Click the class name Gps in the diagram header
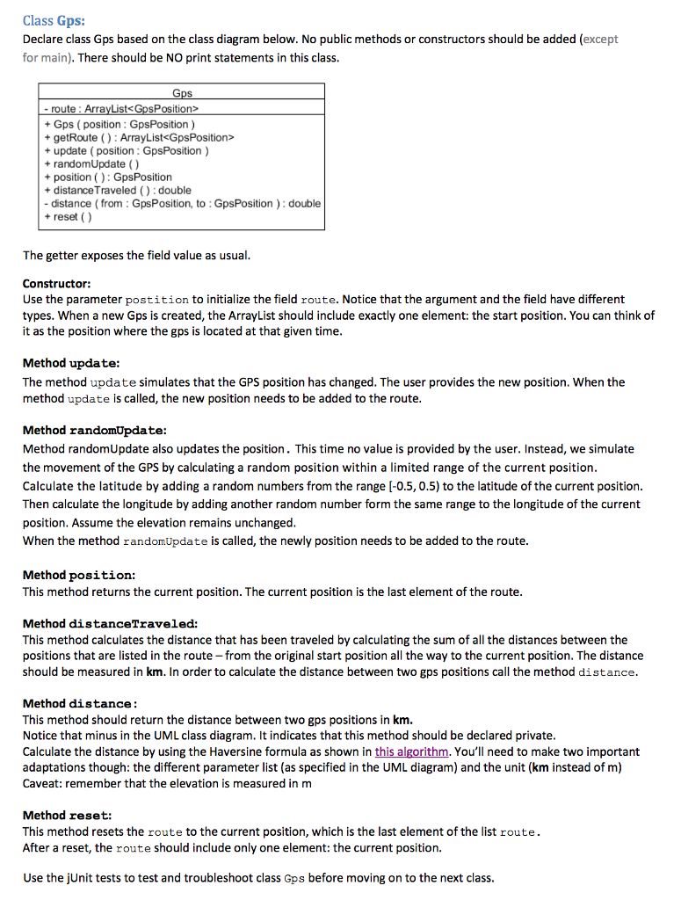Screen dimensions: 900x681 182,93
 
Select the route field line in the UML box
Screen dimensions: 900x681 122,109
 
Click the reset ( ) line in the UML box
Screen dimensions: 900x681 67,216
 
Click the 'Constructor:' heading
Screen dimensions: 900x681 56,285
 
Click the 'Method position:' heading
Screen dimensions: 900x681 78,575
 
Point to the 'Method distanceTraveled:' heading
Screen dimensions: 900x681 110,623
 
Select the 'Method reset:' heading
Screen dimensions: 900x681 67,816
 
